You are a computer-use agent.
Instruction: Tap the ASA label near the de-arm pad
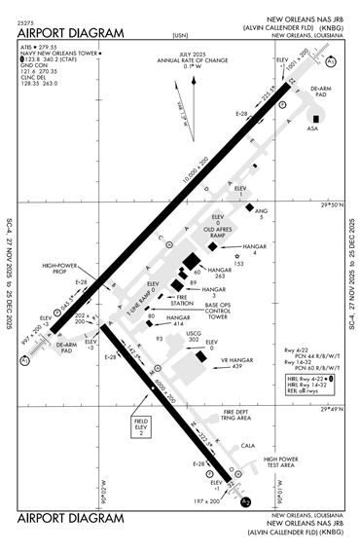click(x=312, y=128)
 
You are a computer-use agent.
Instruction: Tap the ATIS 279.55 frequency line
click(x=47, y=46)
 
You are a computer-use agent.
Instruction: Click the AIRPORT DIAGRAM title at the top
click(x=72, y=32)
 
